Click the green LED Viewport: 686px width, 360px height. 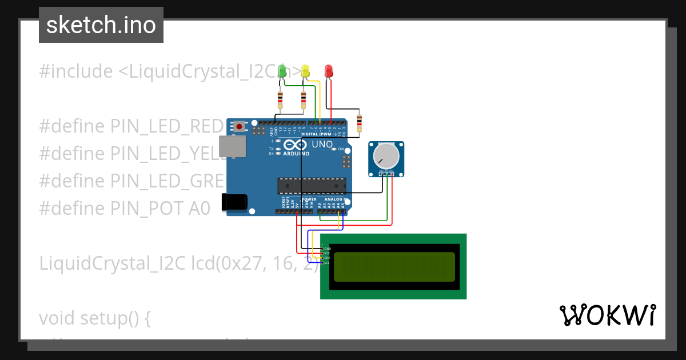point(282,71)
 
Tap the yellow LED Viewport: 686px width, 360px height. point(305,71)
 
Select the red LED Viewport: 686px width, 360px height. point(329,71)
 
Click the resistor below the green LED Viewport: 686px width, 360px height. point(280,101)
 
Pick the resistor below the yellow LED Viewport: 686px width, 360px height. point(303,101)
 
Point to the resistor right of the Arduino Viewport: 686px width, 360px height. point(359,122)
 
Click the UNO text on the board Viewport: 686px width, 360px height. point(322,144)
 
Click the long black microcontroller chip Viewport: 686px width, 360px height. point(312,186)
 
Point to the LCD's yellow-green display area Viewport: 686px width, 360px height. point(394,267)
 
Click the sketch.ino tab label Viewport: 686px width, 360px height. point(101,25)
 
